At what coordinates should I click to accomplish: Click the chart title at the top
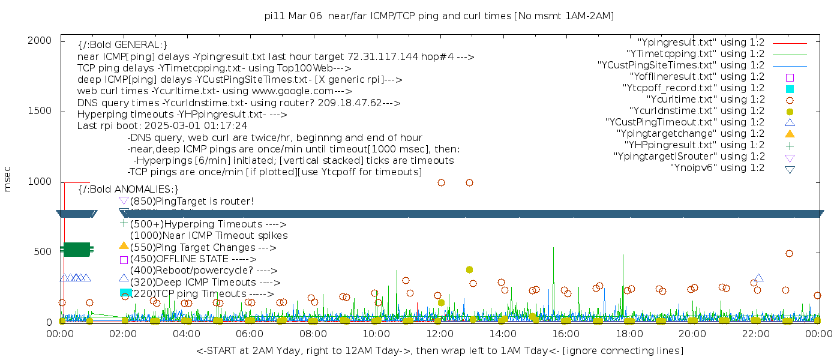point(439,16)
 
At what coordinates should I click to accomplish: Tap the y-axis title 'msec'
point(8,179)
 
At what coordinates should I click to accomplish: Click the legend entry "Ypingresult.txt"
point(701,43)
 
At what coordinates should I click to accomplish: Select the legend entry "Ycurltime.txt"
point(705,100)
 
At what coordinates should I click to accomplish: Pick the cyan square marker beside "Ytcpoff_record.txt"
point(790,89)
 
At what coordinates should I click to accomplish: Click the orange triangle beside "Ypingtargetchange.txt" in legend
point(790,134)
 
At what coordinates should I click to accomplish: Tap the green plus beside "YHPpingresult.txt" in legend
point(790,145)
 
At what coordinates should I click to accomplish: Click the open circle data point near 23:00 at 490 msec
point(789,254)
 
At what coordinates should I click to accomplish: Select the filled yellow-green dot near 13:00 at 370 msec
point(469,270)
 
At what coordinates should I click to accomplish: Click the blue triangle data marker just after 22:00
point(758,278)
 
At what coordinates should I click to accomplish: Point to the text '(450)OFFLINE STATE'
point(179,259)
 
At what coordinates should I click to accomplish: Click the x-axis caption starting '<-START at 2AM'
point(439,350)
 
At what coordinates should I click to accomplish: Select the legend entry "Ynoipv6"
point(717,168)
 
